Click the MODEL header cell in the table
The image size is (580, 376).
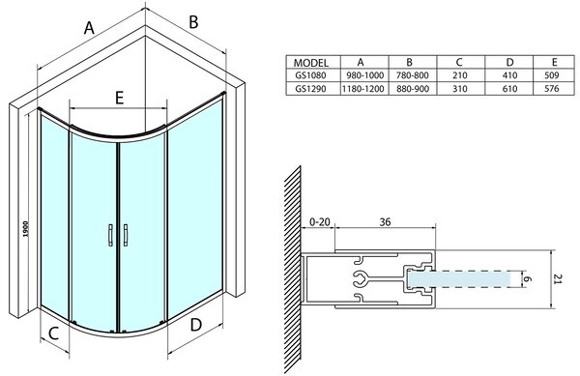click(310, 62)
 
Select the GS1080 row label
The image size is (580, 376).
click(310, 75)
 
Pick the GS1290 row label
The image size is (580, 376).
click(310, 89)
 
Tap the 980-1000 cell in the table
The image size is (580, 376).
click(364, 75)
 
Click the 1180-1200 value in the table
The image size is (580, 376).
click(364, 89)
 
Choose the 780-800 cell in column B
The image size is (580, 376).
click(413, 75)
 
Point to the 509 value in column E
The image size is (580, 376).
click(552, 75)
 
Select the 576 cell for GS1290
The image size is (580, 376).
click(552, 89)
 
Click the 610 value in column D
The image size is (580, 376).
click(509, 89)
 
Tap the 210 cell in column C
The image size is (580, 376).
click(460, 75)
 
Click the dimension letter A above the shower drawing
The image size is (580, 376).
click(89, 27)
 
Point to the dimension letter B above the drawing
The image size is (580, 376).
click(193, 22)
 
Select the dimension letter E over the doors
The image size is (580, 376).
click(119, 98)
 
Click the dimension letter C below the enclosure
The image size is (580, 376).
click(53, 333)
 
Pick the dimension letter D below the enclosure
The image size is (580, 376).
click(195, 325)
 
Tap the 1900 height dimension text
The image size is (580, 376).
click(25, 229)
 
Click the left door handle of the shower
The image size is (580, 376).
click(110, 235)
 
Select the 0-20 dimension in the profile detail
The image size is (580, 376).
click(320, 221)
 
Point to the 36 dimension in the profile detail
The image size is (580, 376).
click(385, 221)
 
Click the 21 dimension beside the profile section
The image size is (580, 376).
click(558, 279)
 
